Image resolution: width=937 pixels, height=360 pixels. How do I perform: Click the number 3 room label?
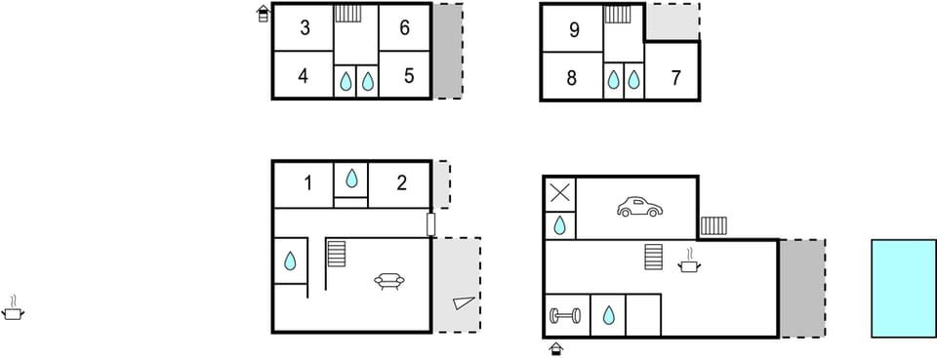tap(305, 28)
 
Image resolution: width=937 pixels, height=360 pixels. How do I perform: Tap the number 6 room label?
tap(404, 28)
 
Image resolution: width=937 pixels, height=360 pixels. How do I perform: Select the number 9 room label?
tap(573, 30)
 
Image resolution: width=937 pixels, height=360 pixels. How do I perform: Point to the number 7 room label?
tap(676, 77)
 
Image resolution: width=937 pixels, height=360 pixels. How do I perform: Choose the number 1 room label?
tap(307, 181)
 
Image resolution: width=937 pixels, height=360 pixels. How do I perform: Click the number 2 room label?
tap(401, 181)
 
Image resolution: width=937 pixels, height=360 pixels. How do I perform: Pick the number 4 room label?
tap(304, 75)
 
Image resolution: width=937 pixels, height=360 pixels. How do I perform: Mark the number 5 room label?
tap(409, 75)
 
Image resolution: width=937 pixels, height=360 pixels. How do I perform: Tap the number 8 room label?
tap(572, 77)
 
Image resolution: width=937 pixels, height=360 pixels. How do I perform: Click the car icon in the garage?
tap(638, 207)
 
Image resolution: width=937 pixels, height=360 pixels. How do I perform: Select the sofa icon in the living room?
tap(389, 282)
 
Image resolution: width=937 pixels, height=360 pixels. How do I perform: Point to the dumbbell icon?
tap(565, 315)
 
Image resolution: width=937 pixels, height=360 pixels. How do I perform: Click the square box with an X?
tap(559, 192)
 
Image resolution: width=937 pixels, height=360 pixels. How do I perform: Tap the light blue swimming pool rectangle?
tap(903, 288)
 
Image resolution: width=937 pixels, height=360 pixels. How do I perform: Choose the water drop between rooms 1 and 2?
tap(351, 179)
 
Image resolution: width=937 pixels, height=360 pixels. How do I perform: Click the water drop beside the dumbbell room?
tap(608, 315)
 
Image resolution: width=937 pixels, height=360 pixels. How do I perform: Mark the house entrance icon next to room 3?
tap(263, 14)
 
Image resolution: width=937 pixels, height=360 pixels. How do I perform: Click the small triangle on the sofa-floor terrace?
tap(462, 303)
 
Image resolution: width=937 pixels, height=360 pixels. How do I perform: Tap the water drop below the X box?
tap(560, 226)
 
